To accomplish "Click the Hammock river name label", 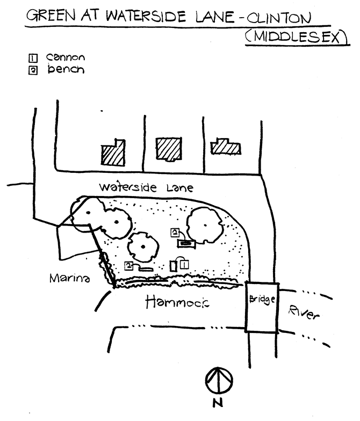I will tap(178, 303).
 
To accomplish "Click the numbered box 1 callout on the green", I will tap(184, 263).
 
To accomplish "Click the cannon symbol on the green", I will tap(174, 266).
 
